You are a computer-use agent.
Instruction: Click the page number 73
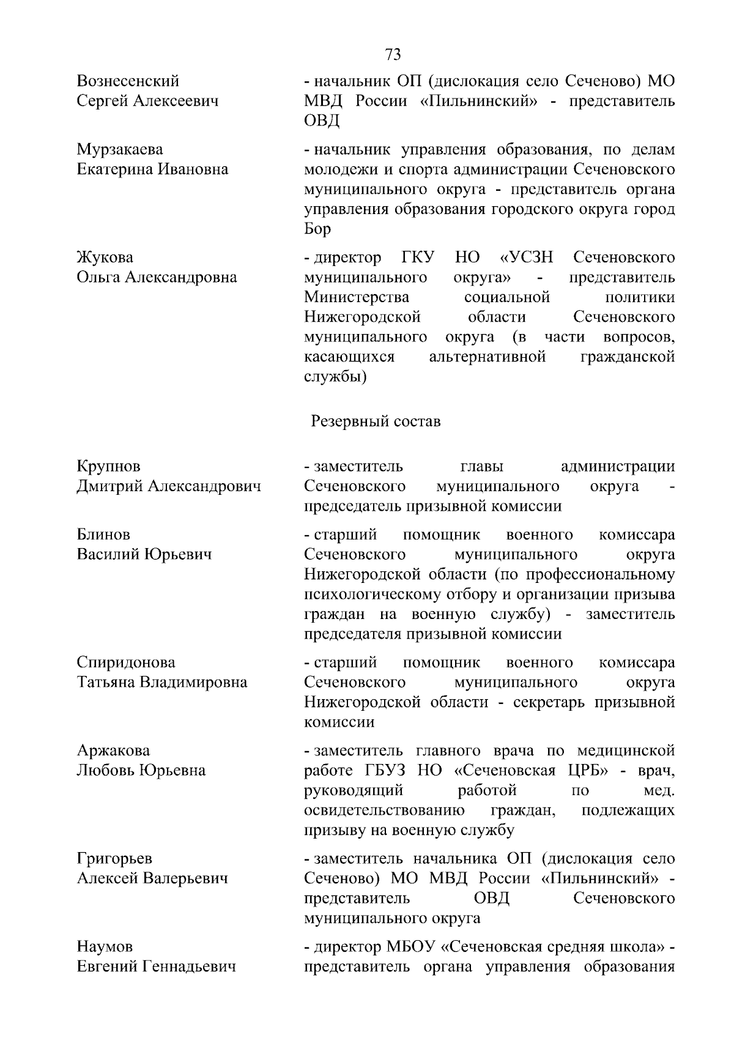point(393,54)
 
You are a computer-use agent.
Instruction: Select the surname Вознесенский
point(128,81)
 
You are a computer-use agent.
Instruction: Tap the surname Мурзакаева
point(120,149)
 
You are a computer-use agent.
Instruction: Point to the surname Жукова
point(105,257)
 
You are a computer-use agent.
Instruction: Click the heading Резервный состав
point(376,421)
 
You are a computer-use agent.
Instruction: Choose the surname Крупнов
point(109,466)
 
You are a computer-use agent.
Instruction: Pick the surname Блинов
point(103,535)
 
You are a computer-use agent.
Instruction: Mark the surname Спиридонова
point(126,662)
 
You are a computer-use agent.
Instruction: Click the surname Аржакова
point(113,751)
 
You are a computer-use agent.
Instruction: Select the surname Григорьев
point(114,859)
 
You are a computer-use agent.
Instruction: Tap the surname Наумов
point(105,947)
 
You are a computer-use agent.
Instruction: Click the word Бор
point(317,229)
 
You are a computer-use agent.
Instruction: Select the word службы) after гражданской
point(335,376)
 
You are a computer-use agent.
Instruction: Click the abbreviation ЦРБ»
point(586,770)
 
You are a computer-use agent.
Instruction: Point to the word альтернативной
point(487,356)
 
